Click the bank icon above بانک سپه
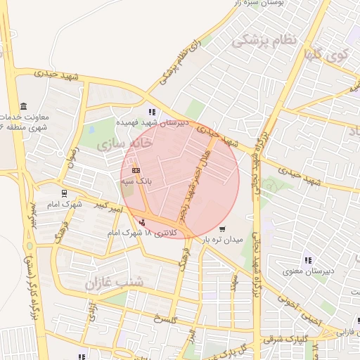pos(136,171)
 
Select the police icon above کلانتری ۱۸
pos(145,223)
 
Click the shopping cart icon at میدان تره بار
pos(222,229)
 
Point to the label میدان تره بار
pos(223,239)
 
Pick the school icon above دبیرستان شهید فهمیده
pos(153,112)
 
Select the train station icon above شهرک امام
pos(64,193)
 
